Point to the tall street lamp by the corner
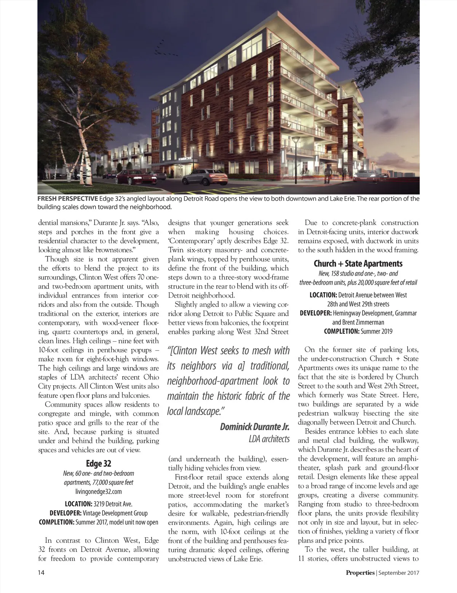click(x=295, y=152)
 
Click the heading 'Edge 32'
click(x=99, y=464)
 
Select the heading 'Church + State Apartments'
click(x=358, y=263)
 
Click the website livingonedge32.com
click(x=99, y=491)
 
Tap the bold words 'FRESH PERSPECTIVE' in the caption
click(x=67, y=199)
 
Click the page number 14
click(x=41, y=572)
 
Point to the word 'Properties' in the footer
click(x=360, y=572)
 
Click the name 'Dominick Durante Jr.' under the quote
click(x=255, y=427)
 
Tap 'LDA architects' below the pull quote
click(x=269, y=439)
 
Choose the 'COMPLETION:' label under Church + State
click(x=341, y=331)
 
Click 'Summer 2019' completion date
click(x=376, y=331)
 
